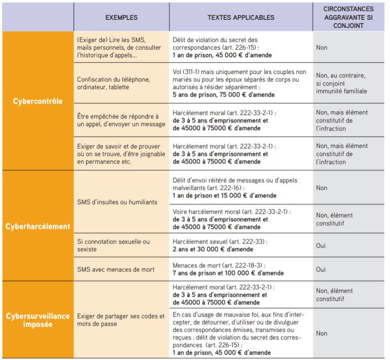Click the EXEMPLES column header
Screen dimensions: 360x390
pos(121,17)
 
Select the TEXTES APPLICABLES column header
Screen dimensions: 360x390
pos(241,17)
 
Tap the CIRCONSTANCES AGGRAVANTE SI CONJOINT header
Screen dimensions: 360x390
pos(349,17)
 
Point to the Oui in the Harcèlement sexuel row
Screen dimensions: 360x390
pos(321,246)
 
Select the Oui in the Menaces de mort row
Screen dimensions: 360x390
pos(321,269)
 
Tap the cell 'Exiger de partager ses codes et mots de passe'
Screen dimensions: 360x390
pos(120,320)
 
